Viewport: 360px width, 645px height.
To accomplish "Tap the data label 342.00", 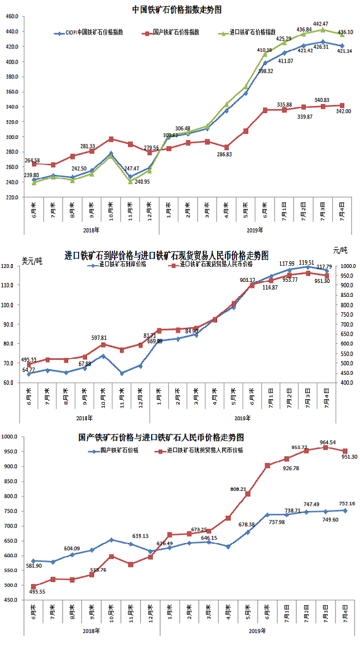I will point(344,111).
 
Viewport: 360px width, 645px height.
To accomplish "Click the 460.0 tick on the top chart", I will point(12,17).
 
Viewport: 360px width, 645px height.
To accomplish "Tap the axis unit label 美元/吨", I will point(32,261).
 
